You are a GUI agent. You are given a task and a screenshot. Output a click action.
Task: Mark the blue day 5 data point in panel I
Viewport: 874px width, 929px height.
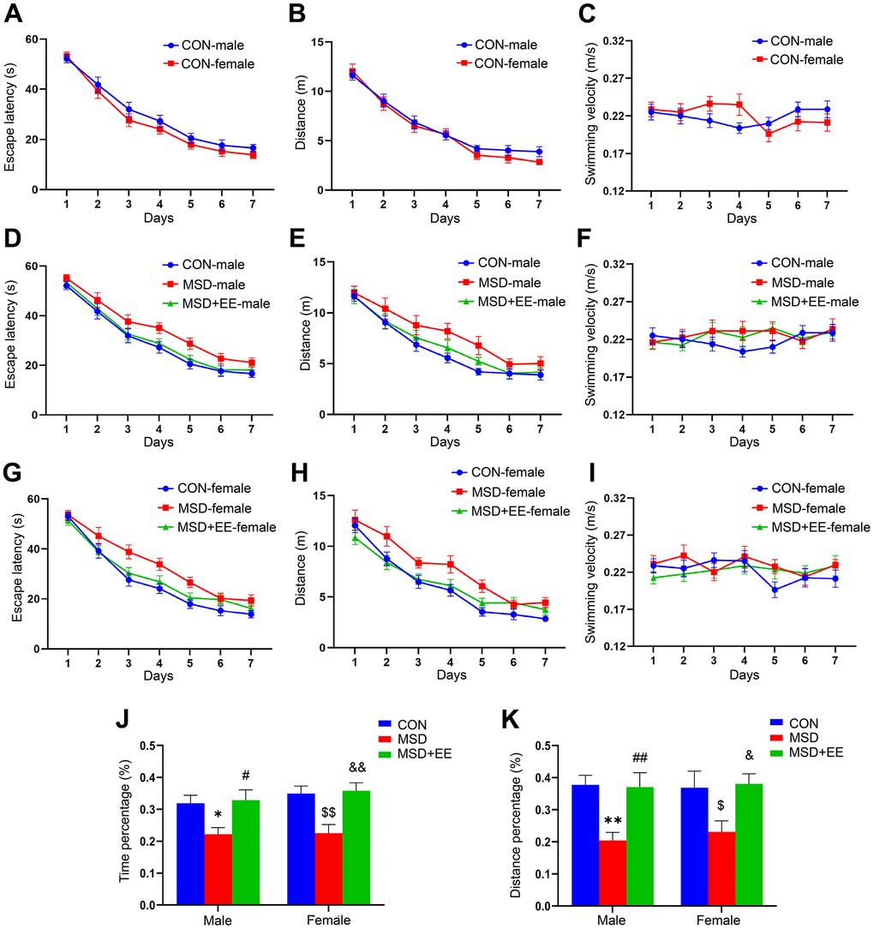[775, 590]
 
